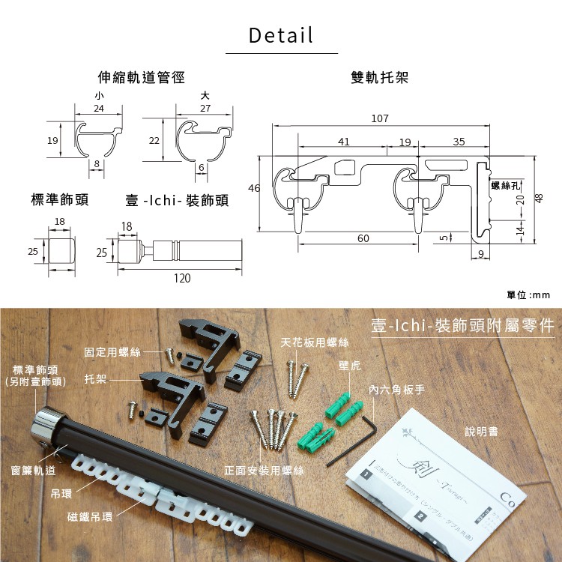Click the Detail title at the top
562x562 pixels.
coord(281,35)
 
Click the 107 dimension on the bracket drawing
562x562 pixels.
coord(381,118)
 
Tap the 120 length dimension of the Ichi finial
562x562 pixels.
coord(182,278)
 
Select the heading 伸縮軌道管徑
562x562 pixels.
coord(142,77)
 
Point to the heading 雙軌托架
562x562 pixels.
coord(379,77)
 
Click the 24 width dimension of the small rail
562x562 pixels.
coord(99,109)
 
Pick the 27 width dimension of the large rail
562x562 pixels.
coord(205,109)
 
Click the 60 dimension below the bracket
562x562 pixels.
coord(363,238)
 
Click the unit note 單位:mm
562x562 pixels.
coord(528,295)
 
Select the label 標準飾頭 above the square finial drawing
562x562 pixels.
coord(60,201)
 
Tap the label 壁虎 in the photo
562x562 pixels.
coord(349,366)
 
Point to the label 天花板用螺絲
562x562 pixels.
coord(315,342)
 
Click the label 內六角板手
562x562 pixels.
coord(396,390)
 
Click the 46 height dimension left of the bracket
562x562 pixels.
coord(253,189)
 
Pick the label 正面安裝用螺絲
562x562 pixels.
coord(264,471)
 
